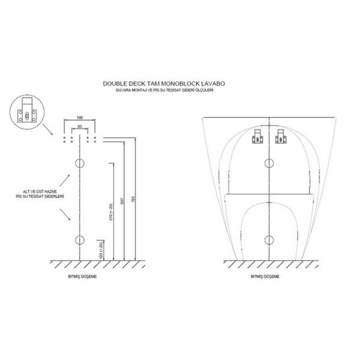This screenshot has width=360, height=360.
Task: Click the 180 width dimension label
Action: [x=80, y=118]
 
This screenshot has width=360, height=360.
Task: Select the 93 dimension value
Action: [x=80, y=127]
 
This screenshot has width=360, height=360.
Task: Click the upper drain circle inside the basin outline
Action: [x=268, y=163]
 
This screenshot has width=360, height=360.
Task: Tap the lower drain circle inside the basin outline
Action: [x=268, y=240]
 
